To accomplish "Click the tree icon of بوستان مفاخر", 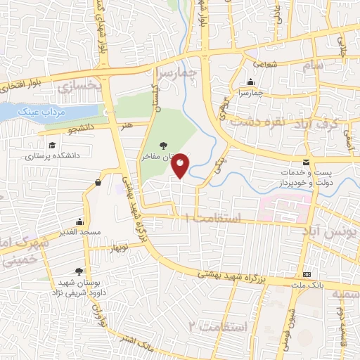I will coord(163,145).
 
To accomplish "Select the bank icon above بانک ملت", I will coord(307,274).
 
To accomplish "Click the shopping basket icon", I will coord(97,184).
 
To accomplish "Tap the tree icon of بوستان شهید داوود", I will coord(79,272).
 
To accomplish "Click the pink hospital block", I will coord(285,207).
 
